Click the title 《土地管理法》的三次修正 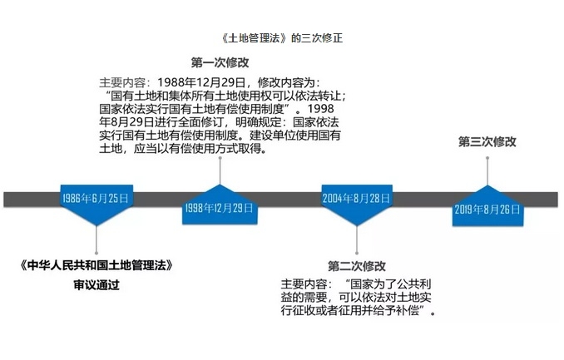pos(282,38)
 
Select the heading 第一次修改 pos(220,62)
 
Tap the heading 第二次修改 pos(357,266)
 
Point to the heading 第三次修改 pos(487,141)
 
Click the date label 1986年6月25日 pos(96,198)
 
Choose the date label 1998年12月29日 pos(219,208)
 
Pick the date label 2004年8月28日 pos(356,198)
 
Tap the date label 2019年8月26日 pos(487,210)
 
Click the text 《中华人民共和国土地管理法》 pos(96,265)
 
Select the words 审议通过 pos(96,285)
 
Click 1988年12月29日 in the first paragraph pos(201,82)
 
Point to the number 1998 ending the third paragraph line pos(321,109)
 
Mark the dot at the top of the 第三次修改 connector pos(487,158)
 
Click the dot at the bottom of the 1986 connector pos(96,254)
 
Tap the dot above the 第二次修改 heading pos(357,254)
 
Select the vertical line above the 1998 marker pos(220,171)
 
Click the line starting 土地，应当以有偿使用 pos(184,148)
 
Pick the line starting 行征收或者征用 pos(359,310)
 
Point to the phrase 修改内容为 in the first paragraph pos(286,82)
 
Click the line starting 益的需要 pos(356,297)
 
